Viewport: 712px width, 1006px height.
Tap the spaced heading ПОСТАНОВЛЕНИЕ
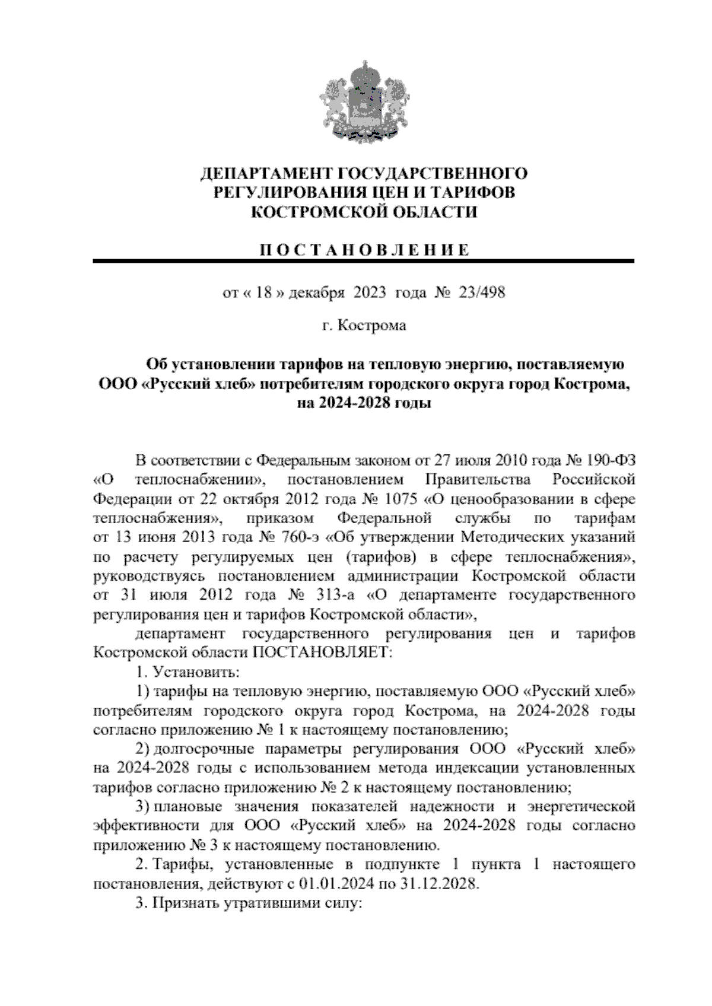tap(364, 250)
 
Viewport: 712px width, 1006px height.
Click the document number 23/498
tap(481, 292)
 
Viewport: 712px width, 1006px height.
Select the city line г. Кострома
tap(364, 326)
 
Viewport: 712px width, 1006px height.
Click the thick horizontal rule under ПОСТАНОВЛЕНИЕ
tap(364, 261)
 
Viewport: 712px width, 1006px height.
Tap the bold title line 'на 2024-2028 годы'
tap(364, 404)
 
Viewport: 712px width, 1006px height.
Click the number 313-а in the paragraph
tap(333, 595)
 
